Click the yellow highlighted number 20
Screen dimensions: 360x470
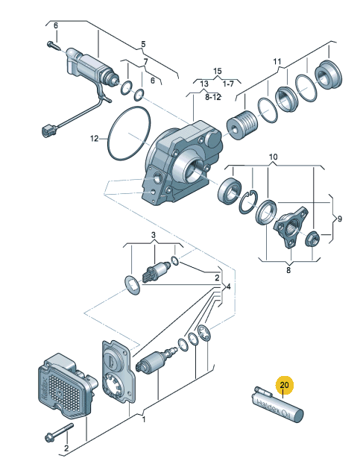coord(284,384)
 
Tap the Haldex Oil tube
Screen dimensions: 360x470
coord(277,404)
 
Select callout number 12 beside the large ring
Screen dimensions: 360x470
coord(94,139)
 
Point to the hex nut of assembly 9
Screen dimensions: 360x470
coord(313,238)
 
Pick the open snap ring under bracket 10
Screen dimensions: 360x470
coord(247,202)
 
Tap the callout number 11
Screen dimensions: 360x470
coord(277,62)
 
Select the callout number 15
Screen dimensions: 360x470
coord(218,72)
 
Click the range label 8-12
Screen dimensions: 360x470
coord(212,97)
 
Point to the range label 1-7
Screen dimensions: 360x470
coord(228,84)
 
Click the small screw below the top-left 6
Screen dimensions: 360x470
coord(54,46)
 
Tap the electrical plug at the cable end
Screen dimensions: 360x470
coord(48,131)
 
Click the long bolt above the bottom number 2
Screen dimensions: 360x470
coord(59,432)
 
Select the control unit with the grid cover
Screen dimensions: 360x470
coord(67,386)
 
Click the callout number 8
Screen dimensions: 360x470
coord(288,270)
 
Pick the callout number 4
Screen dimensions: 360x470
coord(229,287)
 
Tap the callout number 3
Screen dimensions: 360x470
coord(154,235)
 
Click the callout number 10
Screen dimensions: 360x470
coord(273,157)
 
